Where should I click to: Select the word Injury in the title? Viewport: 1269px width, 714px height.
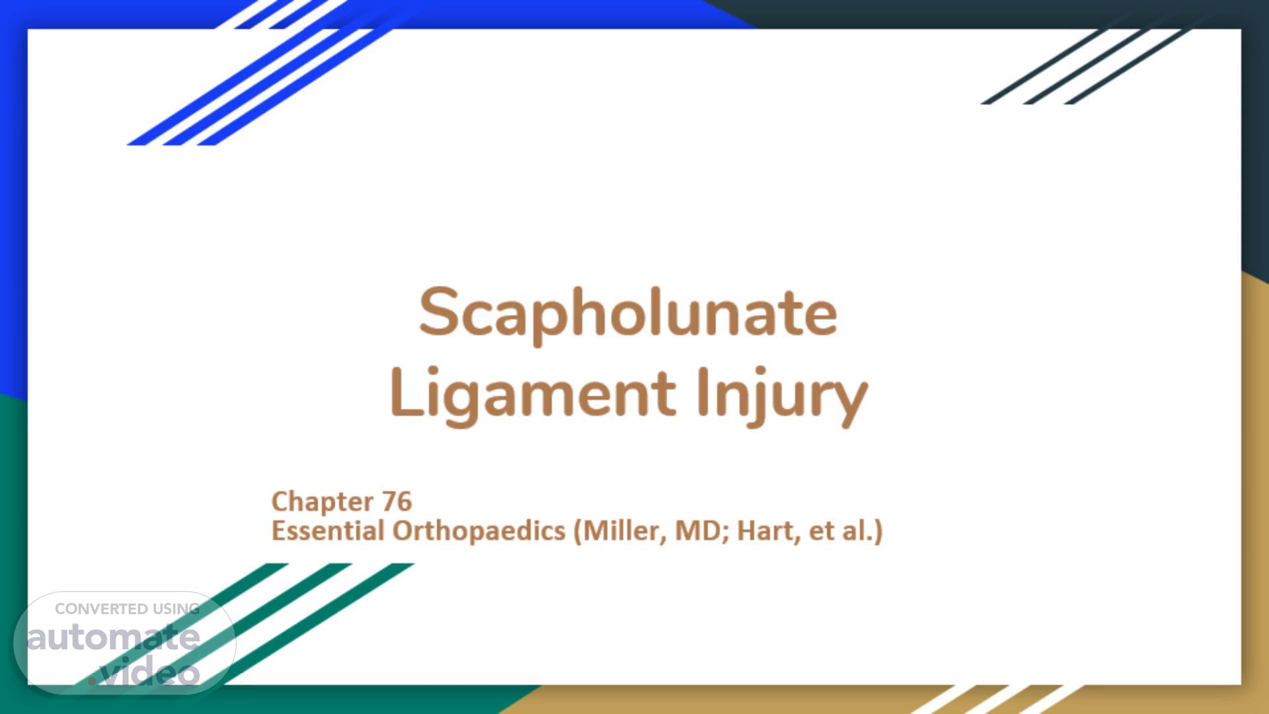(x=782, y=395)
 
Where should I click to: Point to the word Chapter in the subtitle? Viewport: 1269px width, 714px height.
(x=323, y=502)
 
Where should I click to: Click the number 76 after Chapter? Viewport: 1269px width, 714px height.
(x=397, y=501)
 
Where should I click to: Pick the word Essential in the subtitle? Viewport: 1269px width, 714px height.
(x=328, y=530)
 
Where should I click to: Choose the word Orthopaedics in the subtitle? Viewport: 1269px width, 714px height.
(x=479, y=531)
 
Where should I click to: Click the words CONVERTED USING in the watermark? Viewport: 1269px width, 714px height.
(x=127, y=609)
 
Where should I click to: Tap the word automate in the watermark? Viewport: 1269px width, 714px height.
(x=113, y=638)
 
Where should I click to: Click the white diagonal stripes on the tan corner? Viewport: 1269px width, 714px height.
(x=998, y=699)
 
